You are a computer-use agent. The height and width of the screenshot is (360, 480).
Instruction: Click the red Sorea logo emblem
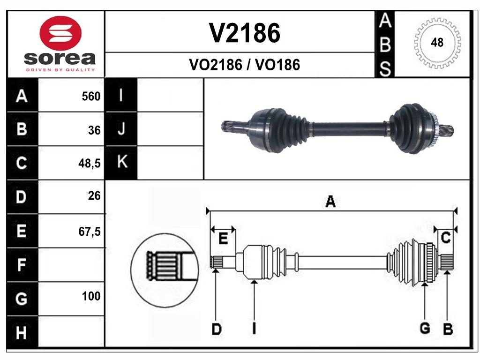pos(61,33)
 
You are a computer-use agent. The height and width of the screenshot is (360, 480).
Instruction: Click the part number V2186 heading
pos(244,33)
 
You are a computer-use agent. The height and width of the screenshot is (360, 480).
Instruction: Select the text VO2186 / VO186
pos(244,65)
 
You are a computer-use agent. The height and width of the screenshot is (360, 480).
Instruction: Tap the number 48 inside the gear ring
pos(437,43)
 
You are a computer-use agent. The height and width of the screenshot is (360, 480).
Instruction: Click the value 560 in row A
pos(91,96)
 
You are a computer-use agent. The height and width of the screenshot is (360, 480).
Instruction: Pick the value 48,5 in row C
pos(90,164)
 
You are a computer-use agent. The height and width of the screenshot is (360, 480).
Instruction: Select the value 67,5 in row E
pos(90,231)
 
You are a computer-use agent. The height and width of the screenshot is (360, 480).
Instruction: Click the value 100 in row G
pos(91,296)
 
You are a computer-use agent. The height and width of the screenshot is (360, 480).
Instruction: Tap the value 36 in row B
pos(94,130)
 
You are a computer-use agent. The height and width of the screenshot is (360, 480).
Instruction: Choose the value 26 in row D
pos(94,196)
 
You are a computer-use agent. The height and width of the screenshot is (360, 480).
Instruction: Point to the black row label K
pos(122,163)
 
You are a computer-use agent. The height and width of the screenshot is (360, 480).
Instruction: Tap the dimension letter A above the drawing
pos(330,202)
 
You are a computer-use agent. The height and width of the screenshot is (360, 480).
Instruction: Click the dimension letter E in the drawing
pos(224,239)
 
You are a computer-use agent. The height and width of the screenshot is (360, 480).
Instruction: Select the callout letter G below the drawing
pos(425,329)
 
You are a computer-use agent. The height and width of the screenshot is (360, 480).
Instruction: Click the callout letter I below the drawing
pos(254,329)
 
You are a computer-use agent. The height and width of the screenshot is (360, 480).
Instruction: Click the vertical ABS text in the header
pos(384,45)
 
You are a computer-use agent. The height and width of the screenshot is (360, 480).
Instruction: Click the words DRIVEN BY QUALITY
pos(60,70)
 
